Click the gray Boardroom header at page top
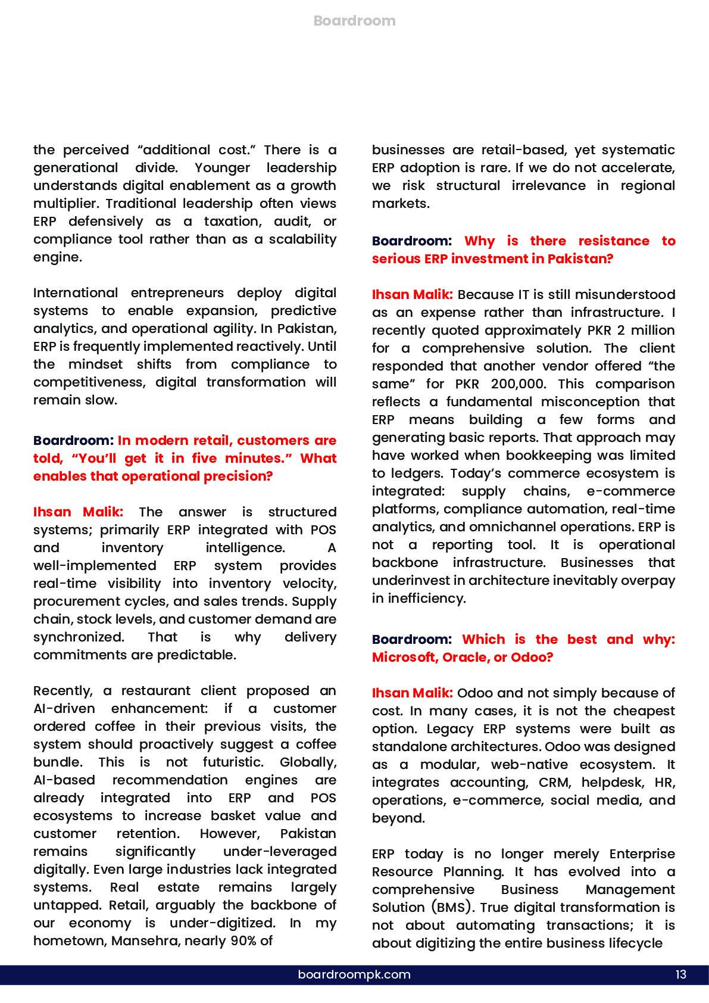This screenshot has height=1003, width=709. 354,21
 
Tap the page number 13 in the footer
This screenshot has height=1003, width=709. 681,975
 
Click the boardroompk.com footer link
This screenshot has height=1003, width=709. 354,975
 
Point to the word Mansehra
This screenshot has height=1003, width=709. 136,941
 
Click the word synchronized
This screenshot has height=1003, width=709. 78,637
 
